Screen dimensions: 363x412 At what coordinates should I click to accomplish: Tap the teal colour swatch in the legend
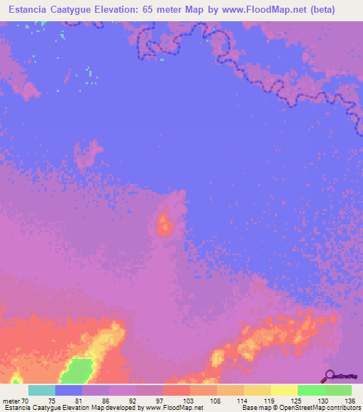42,390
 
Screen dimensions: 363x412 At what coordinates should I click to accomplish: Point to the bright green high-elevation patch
79,370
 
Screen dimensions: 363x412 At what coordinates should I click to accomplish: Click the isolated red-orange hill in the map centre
166,226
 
